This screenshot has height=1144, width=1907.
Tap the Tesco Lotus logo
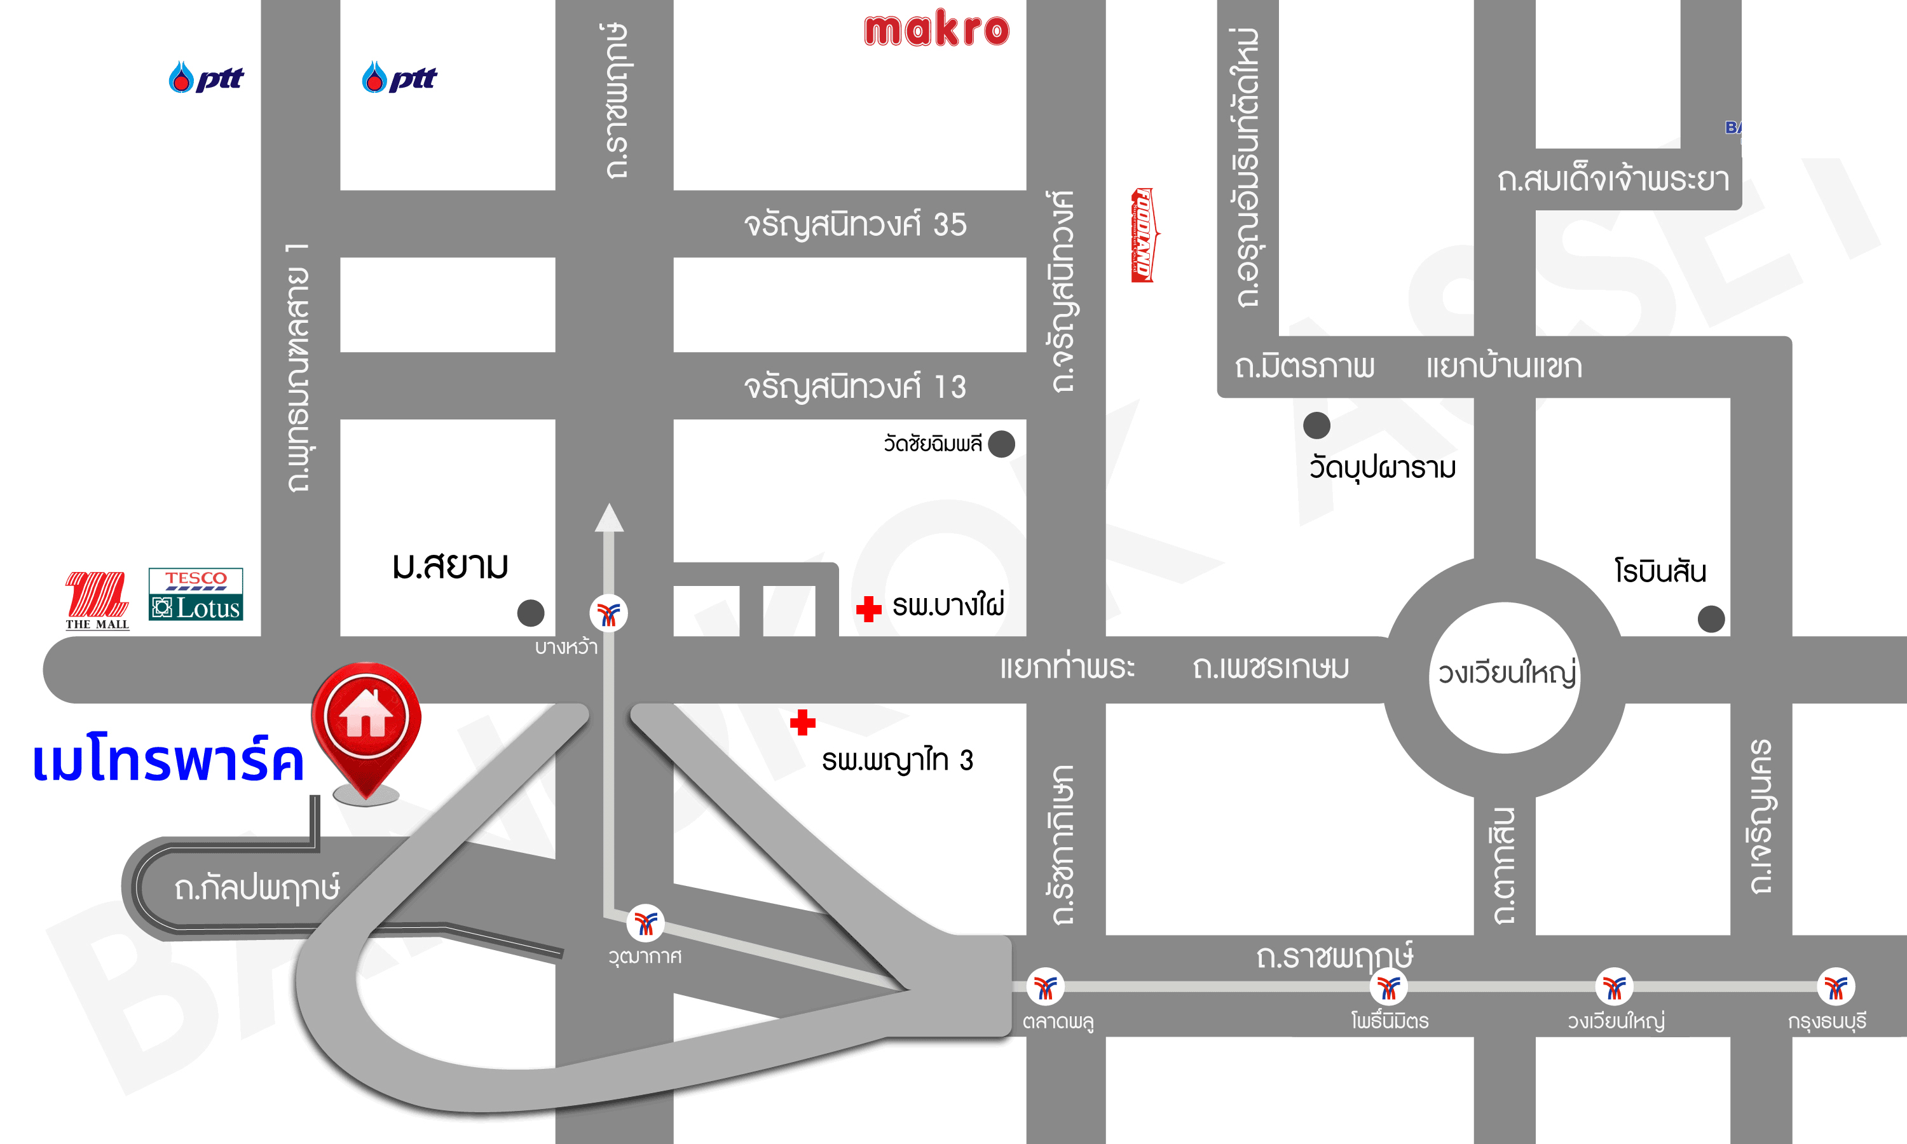(x=195, y=594)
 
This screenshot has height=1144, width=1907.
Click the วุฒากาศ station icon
(x=645, y=923)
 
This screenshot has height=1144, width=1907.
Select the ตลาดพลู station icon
(x=1045, y=987)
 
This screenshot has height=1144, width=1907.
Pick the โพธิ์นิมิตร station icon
(x=1388, y=987)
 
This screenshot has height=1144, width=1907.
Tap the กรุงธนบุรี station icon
(x=1836, y=987)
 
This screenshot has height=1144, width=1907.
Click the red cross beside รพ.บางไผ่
(x=869, y=608)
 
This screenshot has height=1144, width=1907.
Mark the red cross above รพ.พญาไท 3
(x=802, y=723)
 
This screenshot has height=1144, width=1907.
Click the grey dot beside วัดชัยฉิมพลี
(x=1001, y=444)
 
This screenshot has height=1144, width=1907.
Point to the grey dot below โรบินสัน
(x=1711, y=618)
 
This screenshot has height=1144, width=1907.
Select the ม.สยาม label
(x=450, y=566)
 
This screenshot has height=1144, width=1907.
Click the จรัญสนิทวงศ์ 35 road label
(x=855, y=225)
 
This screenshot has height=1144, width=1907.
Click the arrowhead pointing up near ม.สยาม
(x=609, y=518)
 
